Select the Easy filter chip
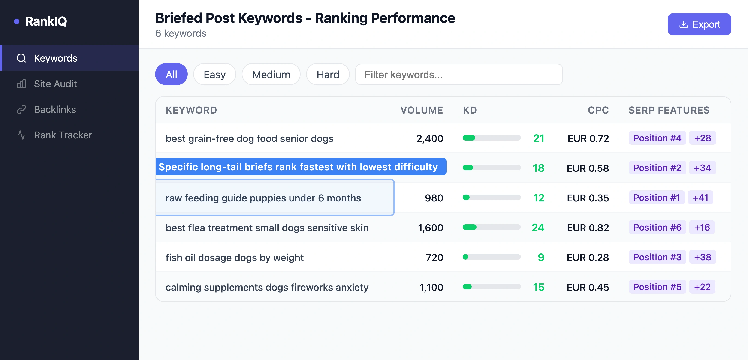[x=214, y=74]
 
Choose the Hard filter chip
[x=328, y=74]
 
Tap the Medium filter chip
[x=271, y=74]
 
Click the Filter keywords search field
[x=459, y=74]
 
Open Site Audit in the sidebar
[x=55, y=84]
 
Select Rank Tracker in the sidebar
[x=63, y=135]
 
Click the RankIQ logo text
[x=46, y=21]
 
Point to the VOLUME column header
[x=422, y=110]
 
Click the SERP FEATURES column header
[x=669, y=110]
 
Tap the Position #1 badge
[x=657, y=198]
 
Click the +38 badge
[x=703, y=257]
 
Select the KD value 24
[x=538, y=228]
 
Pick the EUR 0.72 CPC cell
[x=588, y=138]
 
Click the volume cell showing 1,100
[x=431, y=287]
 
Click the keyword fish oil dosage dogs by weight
[x=234, y=258]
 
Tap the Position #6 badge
[x=657, y=227]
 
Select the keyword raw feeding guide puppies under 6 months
[x=263, y=198]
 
